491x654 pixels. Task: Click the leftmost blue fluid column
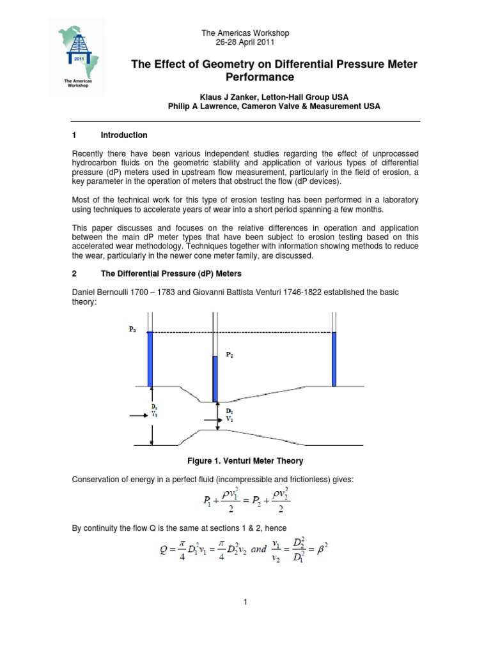coord(151,359)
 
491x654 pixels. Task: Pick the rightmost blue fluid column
coord(334,359)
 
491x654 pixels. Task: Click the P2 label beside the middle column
coord(228,355)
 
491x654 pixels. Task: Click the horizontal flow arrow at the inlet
coord(139,416)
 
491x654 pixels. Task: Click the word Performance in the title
coord(260,77)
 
